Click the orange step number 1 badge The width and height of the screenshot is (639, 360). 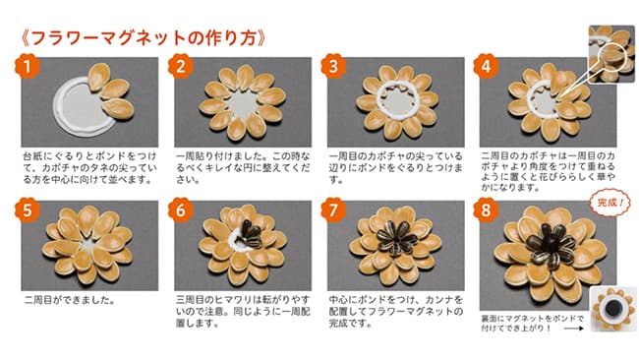[x=29, y=67]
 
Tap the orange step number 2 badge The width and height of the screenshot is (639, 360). [x=182, y=67]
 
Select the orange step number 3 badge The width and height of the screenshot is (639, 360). [x=335, y=67]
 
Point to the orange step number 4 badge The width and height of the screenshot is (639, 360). [x=489, y=67]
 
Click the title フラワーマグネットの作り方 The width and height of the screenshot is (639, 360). [x=144, y=39]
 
